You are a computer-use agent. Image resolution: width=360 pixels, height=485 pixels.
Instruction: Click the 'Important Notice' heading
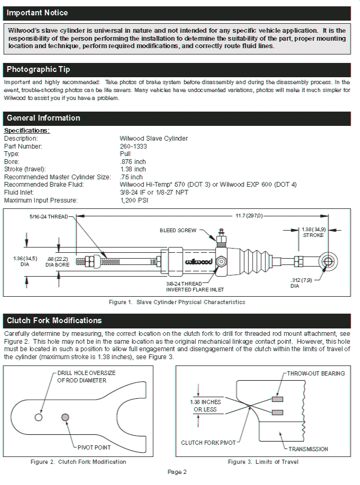[x=37, y=13]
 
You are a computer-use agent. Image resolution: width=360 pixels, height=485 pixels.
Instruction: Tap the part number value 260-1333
[x=133, y=146]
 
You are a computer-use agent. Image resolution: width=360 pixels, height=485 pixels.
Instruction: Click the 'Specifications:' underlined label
[x=27, y=131]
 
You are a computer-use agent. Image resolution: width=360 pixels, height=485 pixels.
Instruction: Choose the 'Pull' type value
[x=125, y=154]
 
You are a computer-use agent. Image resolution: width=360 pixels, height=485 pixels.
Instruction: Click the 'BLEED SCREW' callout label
[x=178, y=231]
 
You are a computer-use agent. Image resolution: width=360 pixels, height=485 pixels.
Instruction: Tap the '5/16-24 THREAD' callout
[x=48, y=217]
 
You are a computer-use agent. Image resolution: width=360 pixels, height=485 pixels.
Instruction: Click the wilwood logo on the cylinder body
[x=199, y=262]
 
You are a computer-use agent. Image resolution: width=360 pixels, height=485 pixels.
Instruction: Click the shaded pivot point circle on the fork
[x=66, y=417]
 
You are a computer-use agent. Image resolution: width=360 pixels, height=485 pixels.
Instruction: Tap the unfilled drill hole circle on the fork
[x=39, y=417]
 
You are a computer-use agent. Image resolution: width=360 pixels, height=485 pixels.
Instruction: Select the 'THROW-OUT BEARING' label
[x=316, y=373]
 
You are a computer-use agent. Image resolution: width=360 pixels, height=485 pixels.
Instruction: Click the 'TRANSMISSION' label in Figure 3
[x=308, y=449]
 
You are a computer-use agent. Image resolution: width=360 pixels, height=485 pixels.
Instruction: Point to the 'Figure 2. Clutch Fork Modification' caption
[x=79, y=462]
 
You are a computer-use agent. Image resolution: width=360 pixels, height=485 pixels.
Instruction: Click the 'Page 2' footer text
[x=177, y=472]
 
